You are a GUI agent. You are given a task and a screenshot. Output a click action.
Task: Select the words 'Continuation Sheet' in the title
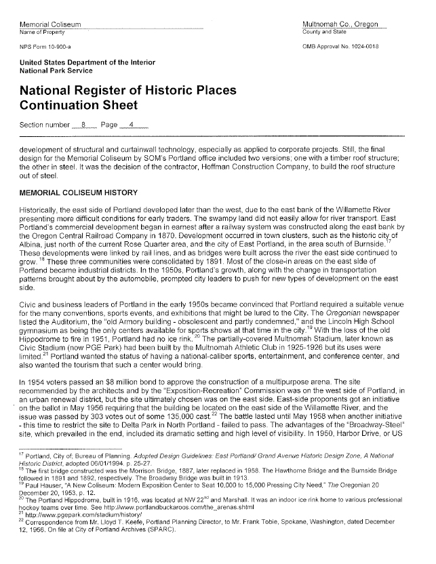[79, 105]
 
